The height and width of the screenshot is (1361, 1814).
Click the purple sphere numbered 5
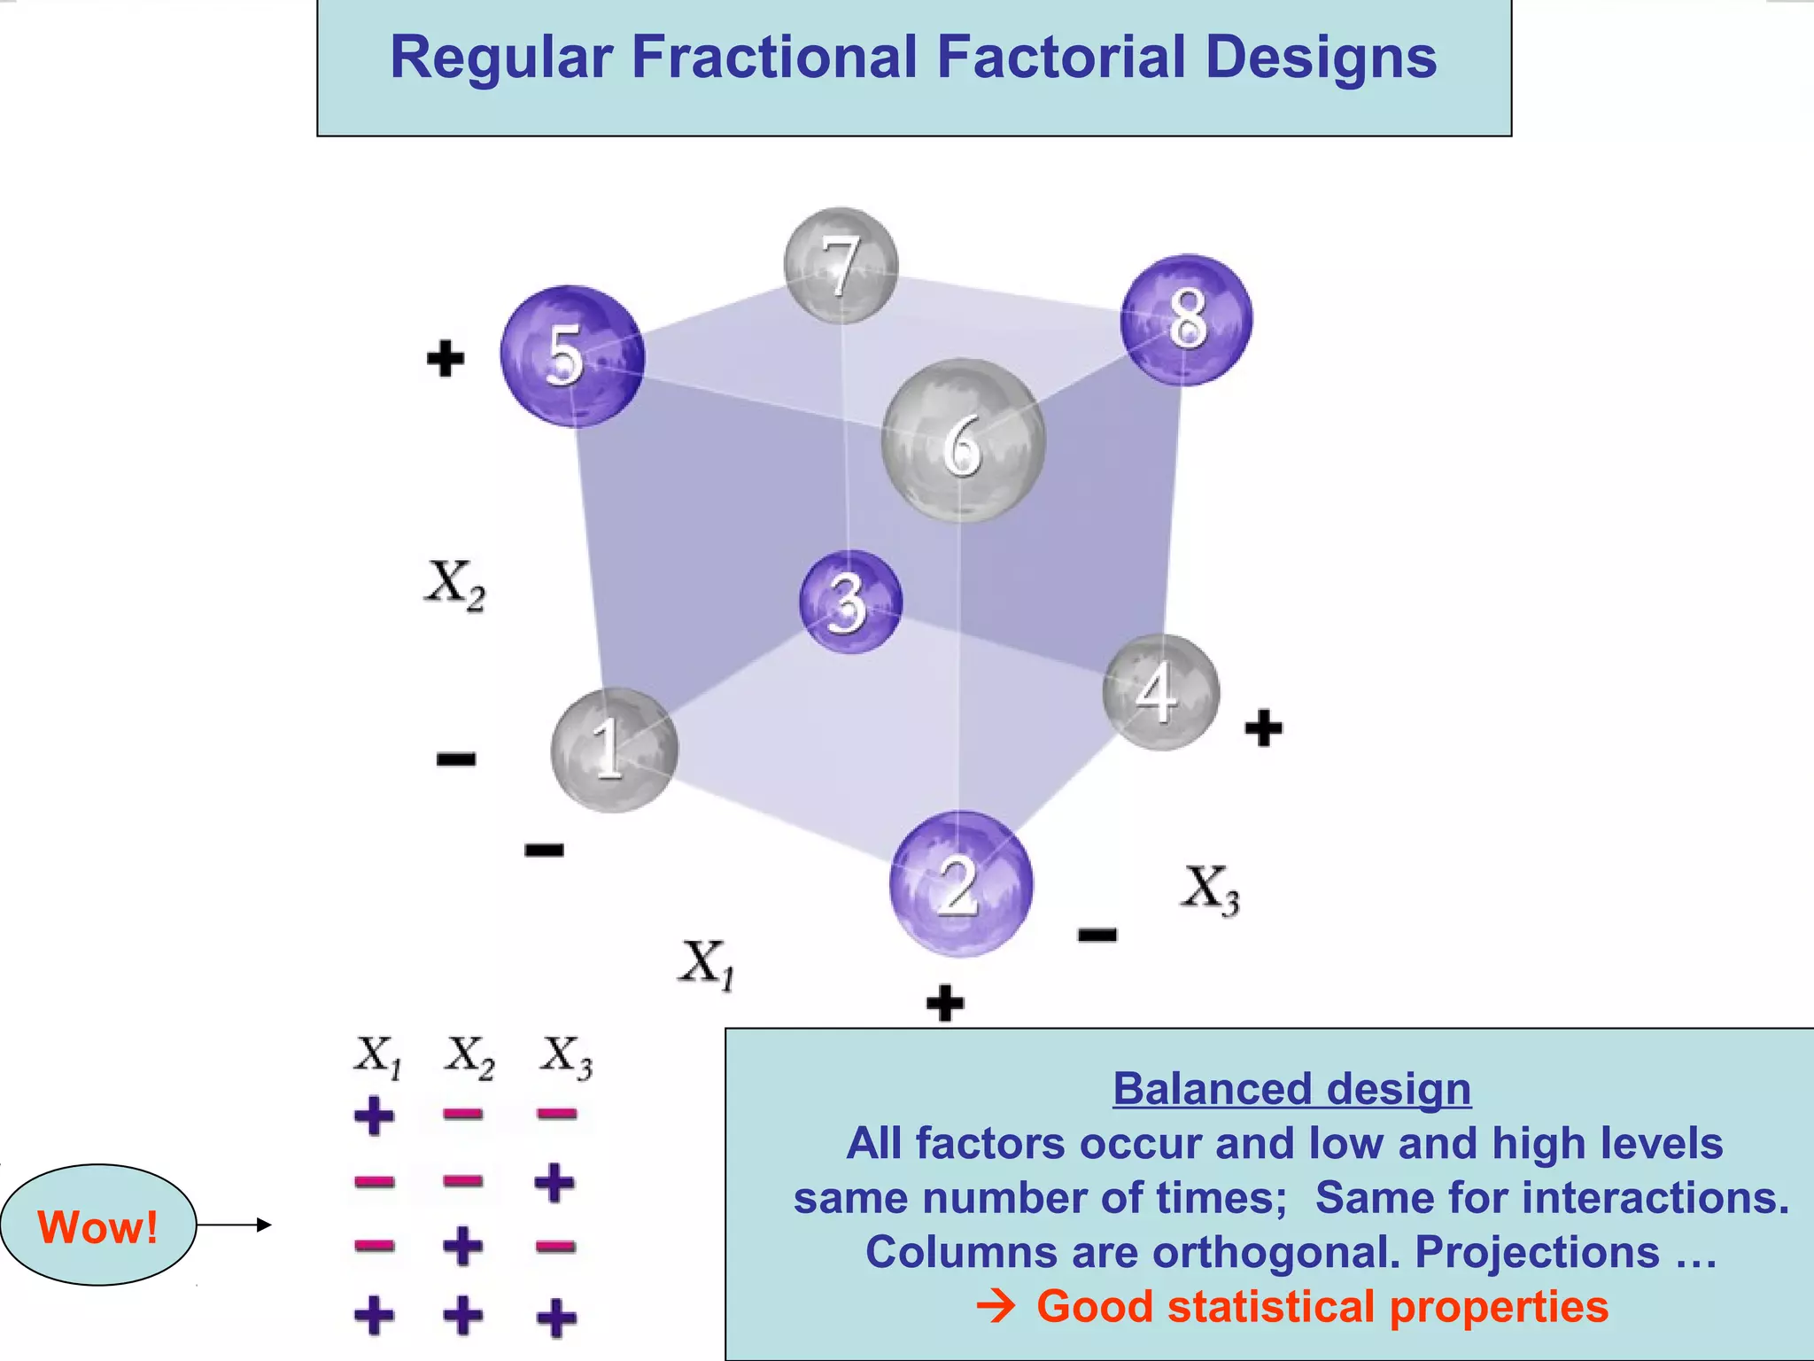572,356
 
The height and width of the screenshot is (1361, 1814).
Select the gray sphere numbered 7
841,265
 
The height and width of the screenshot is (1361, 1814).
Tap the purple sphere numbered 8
1186,320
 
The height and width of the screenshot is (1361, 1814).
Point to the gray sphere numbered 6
963,440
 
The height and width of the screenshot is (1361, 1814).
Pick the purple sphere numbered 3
850,602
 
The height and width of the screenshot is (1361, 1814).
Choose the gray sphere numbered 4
1160,692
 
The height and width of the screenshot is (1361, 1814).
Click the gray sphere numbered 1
614,750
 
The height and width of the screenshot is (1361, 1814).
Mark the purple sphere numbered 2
961,883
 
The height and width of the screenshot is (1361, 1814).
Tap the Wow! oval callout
97,1225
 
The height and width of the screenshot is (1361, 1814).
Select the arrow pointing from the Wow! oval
234,1225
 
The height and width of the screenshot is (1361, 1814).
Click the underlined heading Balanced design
1291,1089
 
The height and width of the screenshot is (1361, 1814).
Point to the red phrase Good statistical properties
1322,1307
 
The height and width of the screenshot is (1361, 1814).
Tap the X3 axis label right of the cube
1210,889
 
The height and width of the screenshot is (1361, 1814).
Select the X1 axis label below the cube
707,964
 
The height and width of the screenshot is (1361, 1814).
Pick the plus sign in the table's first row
374,1116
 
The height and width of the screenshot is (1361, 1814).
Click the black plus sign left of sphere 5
445,358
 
